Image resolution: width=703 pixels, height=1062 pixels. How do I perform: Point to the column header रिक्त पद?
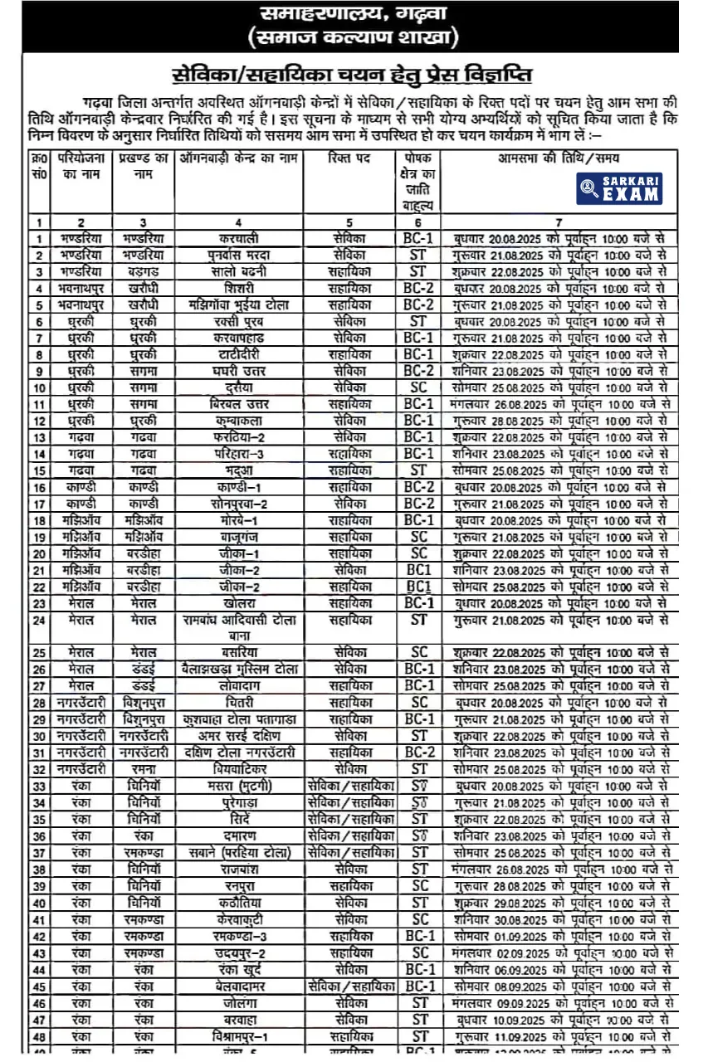(349, 158)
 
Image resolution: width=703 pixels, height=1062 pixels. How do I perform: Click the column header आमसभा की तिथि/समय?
(559, 158)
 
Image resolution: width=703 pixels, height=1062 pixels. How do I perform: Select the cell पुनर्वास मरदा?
(237, 255)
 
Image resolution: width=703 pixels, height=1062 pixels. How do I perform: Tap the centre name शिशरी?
(237, 288)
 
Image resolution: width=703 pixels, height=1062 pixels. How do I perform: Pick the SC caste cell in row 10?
(420, 387)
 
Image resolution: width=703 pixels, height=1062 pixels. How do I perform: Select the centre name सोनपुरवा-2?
(237, 504)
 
